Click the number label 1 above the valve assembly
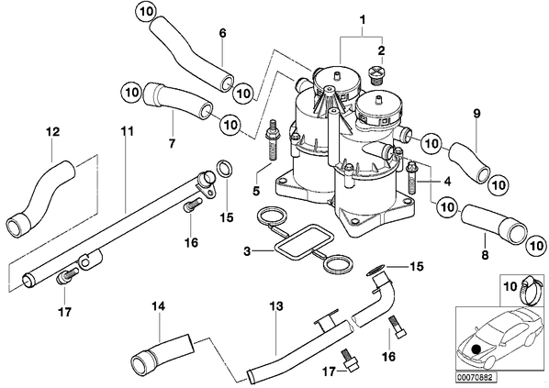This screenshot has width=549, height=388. (x=363, y=19)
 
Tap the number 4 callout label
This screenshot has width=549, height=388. (x=447, y=182)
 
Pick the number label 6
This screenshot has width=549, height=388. (x=223, y=33)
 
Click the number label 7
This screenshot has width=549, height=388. (x=172, y=143)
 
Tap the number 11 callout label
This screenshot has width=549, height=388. (x=127, y=131)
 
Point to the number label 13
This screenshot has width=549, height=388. (x=276, y=306)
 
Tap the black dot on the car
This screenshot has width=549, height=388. (x=476, y=349)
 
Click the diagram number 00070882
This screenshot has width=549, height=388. (x=476, y=378)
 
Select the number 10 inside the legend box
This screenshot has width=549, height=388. (x=510, y=286)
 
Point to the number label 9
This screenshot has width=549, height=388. (x=476, y=114)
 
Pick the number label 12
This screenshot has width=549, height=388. (x=53, y=132)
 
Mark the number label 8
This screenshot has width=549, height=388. (x=485, y=255)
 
